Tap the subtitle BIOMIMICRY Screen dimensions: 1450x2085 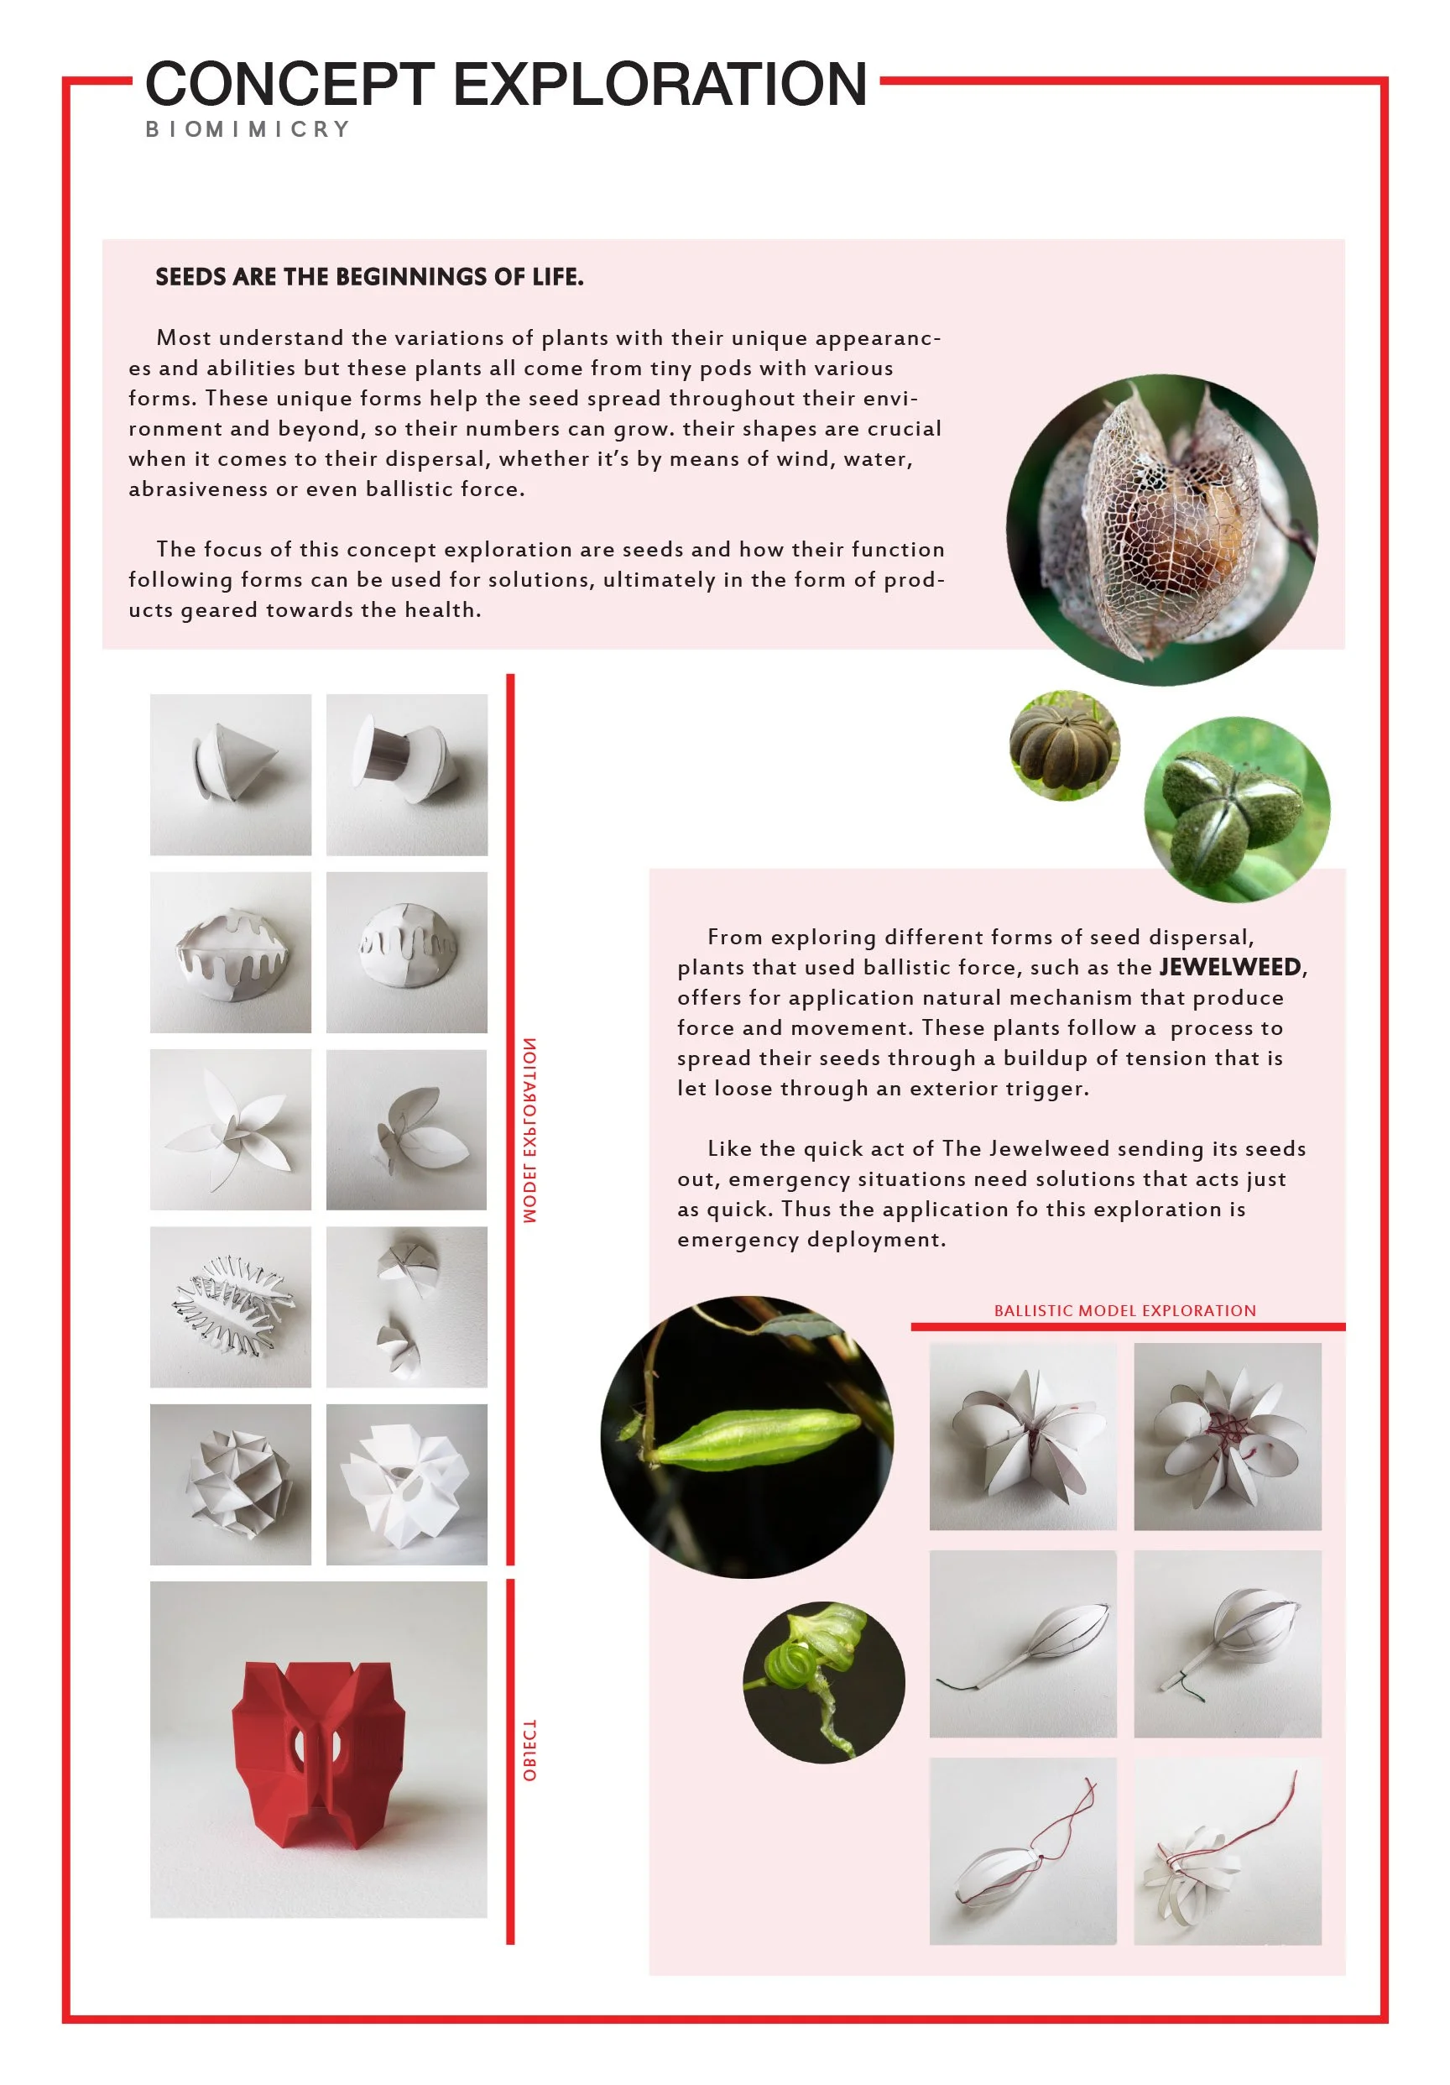pyautogui.click(x=248, y=129)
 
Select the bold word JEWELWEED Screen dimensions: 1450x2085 pyautogui.click(x=1230, y=966)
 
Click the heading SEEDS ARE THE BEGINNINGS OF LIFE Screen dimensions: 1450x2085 pyautogui.click(x=368, y=276)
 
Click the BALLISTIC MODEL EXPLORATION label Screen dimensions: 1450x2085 pyautogui.click(x=1125, y=1310)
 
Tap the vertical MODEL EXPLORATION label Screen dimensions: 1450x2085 pyautogui.click(x=530, y=1130)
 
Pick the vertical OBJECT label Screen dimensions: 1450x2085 pyautogui.click(x=530, y=1750)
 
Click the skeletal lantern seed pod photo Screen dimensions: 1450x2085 pyautogui.click(x=1161, y=529)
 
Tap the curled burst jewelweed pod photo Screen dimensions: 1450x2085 pyautogui.click(x=823, y=1682)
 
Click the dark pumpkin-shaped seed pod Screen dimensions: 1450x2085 pyautogui.click(x=1064, y=745)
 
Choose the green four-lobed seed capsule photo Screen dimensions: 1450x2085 pyautogui.click(x=1237, y=809)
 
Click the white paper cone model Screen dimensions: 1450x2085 pyautogui.click(x=231, y=775)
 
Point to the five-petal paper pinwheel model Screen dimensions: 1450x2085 pyautogui.click(x=231, y=1130)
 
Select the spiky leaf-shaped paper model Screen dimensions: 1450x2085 pyautogui.click(x=231, y=1307)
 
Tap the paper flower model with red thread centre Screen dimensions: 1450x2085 pyautogui.click(x=1228, y=1437)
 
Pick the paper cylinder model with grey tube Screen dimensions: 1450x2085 pyautogui.click(x=407, y=775)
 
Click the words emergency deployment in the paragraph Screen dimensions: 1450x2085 pyautogui.click(x=811, y=1240)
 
